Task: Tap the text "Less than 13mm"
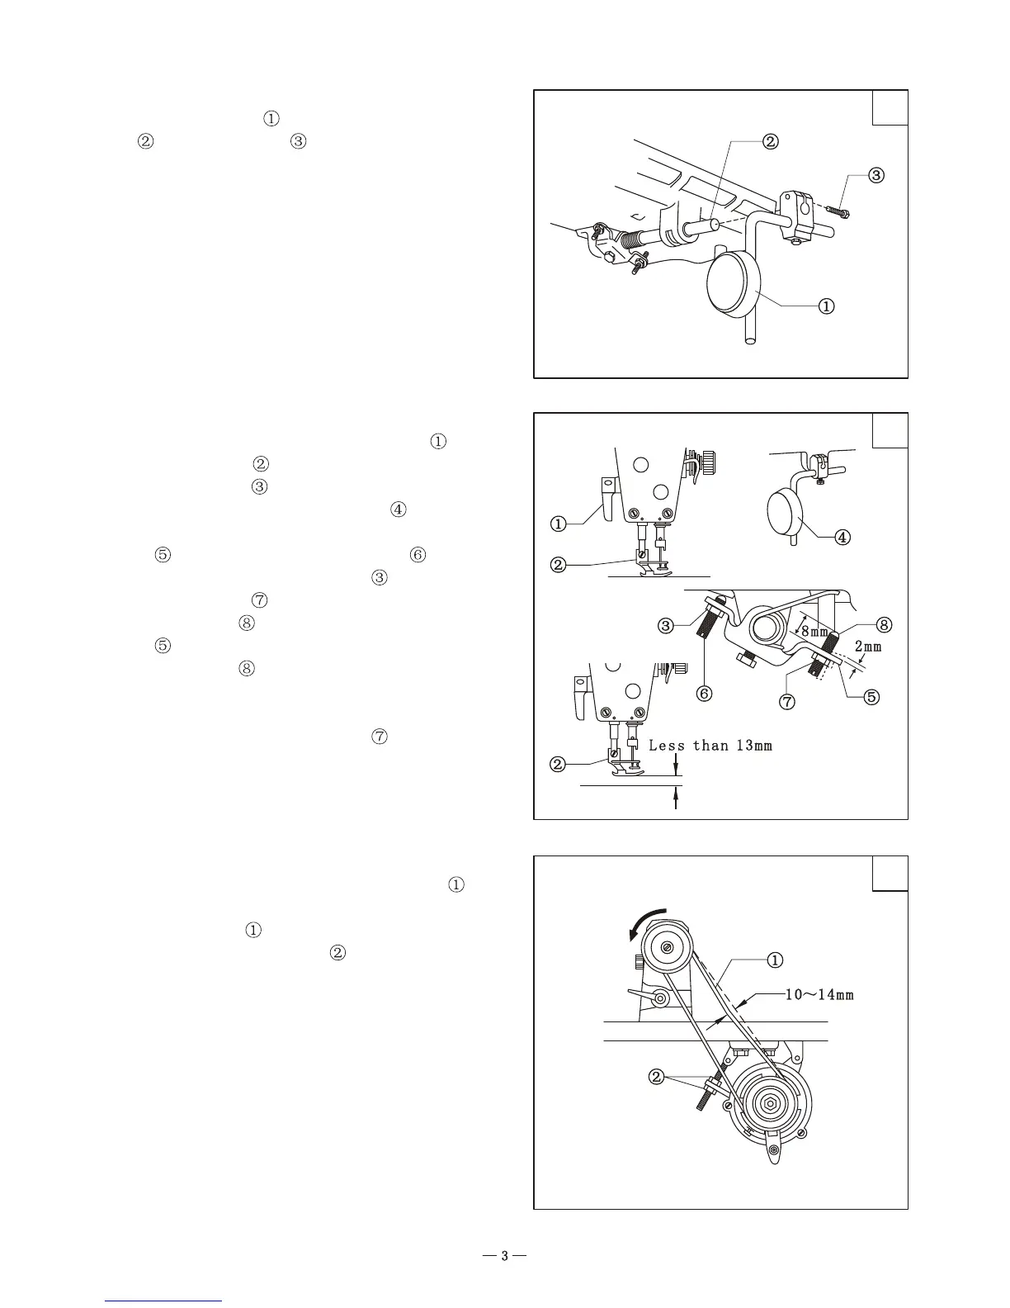(710, 746)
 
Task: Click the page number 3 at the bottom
(504, 1257)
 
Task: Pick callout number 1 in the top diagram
(825, 306)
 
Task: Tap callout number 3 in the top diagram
(876, 175)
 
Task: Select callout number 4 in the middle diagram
(842, 537)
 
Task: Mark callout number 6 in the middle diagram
(704, 694)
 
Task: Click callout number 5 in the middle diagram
(871, 696)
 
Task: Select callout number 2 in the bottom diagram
(657, 1077)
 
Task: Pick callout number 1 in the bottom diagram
(776, 960)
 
